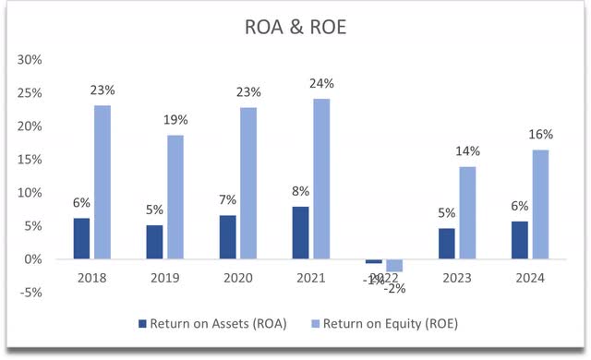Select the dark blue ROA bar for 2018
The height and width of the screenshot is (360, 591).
pos(80,238)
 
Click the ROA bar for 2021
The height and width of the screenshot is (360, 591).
pos(300,233)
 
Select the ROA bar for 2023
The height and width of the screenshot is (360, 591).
pos(446,243)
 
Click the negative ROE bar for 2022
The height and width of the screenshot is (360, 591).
pos(394,266)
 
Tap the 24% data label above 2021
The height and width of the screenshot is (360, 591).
pos(322,83)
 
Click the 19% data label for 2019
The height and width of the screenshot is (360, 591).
pos(175,119)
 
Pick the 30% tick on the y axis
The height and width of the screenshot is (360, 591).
pos(30,60)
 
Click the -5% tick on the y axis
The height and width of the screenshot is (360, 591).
pos(30,294)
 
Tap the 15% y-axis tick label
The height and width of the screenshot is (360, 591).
pos(30,160)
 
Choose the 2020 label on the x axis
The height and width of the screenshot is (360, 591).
pos(237,277)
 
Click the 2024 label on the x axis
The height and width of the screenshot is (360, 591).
pos(530,277)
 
